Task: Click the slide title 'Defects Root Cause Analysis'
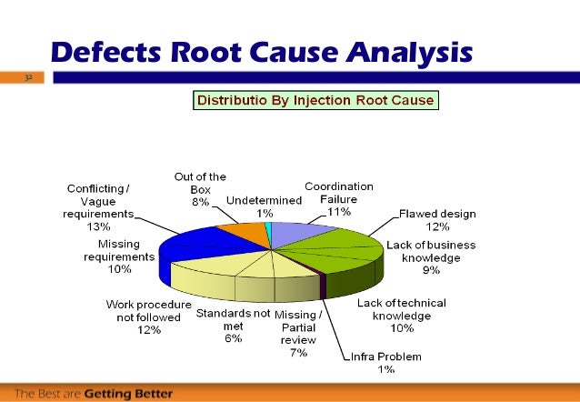(262, 53)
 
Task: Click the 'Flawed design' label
(437, 214)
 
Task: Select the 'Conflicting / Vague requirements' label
(99, 201)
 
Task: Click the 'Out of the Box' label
(200, 183)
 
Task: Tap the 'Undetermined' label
(264, 199)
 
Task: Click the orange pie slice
(239, 235)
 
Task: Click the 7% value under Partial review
(298, 353)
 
